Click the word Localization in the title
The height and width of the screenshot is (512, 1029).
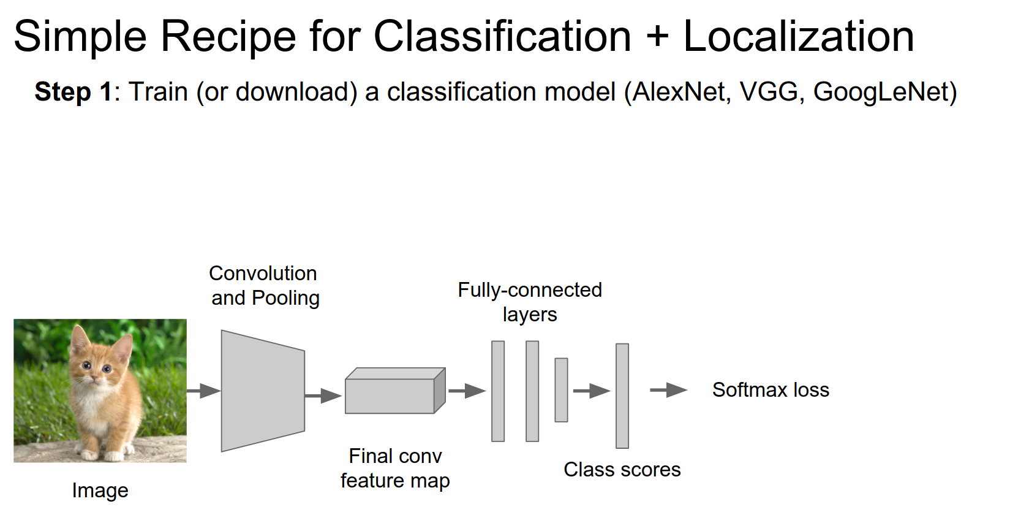[x=798, y=37]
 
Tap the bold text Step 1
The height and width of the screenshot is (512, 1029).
[x=73, y=92]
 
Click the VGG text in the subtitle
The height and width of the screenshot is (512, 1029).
[x=769, y=92]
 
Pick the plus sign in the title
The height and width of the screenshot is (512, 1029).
[x=657, y=37]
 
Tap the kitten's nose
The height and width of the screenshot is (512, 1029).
[x=96, y=378]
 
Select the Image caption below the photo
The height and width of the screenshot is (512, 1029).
[x=100, y=491]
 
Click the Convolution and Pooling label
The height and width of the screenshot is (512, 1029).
[x=265, y=286]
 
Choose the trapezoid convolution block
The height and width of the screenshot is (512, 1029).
[x=263, y=391]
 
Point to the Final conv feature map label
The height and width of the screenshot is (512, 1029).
[x=395, y=468]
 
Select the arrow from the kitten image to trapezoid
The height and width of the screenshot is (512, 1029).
[x=203, y=391]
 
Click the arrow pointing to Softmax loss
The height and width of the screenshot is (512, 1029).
[x=668, y=390]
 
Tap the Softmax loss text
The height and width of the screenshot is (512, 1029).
[x=771, y=390]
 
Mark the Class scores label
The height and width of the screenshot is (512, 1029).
[x=622, y=470]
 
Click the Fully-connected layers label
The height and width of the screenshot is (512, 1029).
[x=530, y=302]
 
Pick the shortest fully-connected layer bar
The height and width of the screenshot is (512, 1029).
[x=561, y=390]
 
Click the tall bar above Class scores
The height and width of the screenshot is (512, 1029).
[x=622, y=395]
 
